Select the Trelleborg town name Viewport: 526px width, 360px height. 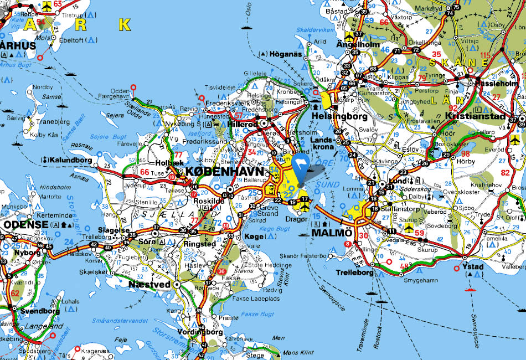[355, 273]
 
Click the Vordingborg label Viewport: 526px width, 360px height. [200, 332]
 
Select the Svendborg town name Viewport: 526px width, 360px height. [39, 311]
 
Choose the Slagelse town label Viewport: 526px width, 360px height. [115, 229]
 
